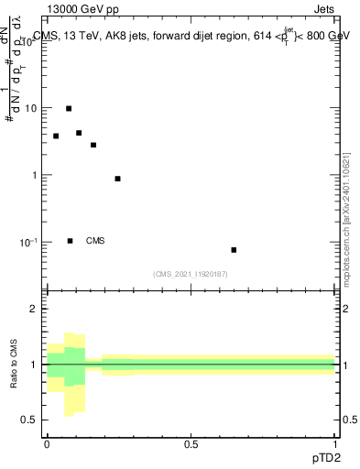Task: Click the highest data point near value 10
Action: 69,108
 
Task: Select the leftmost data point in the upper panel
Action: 56,136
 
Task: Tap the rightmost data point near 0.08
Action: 234,250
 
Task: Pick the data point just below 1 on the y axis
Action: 117,179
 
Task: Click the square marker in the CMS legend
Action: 70,241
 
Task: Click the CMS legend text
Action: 95,241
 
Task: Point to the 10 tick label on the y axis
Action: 30,108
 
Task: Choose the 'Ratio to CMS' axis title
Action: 15,365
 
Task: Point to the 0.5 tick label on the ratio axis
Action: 31,420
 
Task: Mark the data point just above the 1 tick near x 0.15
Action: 93,145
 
